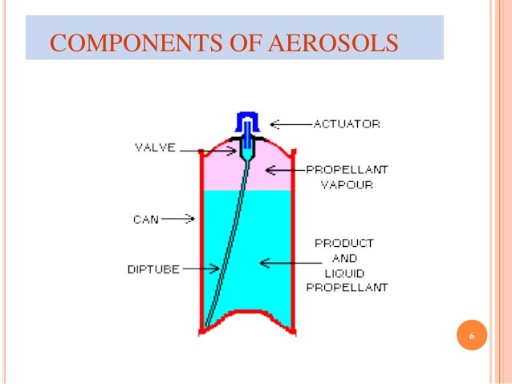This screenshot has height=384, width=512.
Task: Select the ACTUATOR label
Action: pyautogui.click(x=346, y=123)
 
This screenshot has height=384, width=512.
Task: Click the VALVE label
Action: pyautogui.click(x=153, y=148)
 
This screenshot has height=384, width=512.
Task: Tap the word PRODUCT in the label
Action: pyautogui.click(x=344, y=241)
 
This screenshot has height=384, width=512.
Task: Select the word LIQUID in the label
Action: pyautogui.click(x=344, y=273)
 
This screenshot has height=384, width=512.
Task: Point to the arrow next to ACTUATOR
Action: pyautogui.click(x=289, y=123)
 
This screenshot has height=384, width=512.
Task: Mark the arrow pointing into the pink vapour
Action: pyautogui.click(x=283, y=169)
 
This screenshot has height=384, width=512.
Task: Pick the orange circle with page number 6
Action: pyautogui.click(x=472, y=336)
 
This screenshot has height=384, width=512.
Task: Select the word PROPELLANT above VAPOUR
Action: pyautogui.click(x=346, y=169)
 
